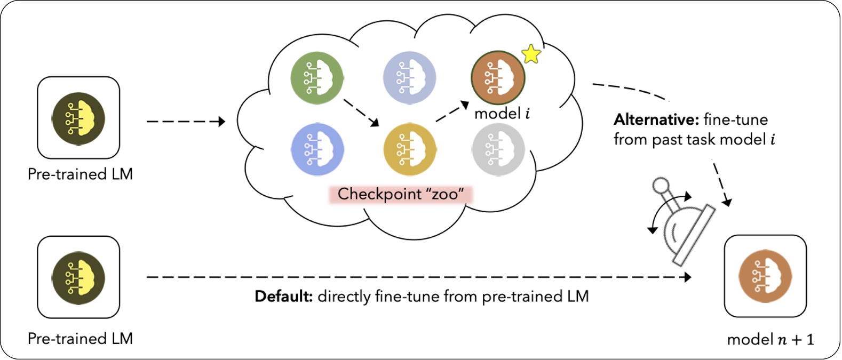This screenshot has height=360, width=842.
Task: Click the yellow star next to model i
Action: (x=531, y=54)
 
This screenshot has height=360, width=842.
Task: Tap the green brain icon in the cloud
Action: (x=317, y=77)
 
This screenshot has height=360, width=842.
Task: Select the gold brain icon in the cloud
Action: (x=409, y=149)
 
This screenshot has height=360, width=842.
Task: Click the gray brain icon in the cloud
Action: (x=498, y=149)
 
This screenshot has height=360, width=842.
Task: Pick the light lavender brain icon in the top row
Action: (x=409, y=77)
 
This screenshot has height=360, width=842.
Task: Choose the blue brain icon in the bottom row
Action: (x=317, y=149)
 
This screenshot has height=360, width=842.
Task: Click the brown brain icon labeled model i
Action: (x=497, y=77)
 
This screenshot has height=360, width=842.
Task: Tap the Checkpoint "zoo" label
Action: (x=400, y=194)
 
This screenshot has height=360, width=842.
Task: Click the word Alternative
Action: (x=656, y=119)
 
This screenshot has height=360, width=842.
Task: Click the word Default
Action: (x=283, y=297)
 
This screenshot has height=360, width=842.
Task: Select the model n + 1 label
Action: (x=770, y=340)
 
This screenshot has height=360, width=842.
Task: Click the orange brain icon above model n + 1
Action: (x=765, y=276)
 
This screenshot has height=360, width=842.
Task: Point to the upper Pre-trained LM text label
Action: (x=80, y=174)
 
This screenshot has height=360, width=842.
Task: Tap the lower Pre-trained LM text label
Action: (x=80, y=339)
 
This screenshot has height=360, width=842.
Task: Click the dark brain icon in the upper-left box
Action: (x=78, y=118)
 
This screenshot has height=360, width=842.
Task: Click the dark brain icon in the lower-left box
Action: (x=78, y=278)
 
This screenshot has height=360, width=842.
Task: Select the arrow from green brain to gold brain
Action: (x=361, y=112)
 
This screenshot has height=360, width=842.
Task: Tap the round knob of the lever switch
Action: (x=661, y=186)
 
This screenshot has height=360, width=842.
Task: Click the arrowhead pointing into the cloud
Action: (x=221, y=122)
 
